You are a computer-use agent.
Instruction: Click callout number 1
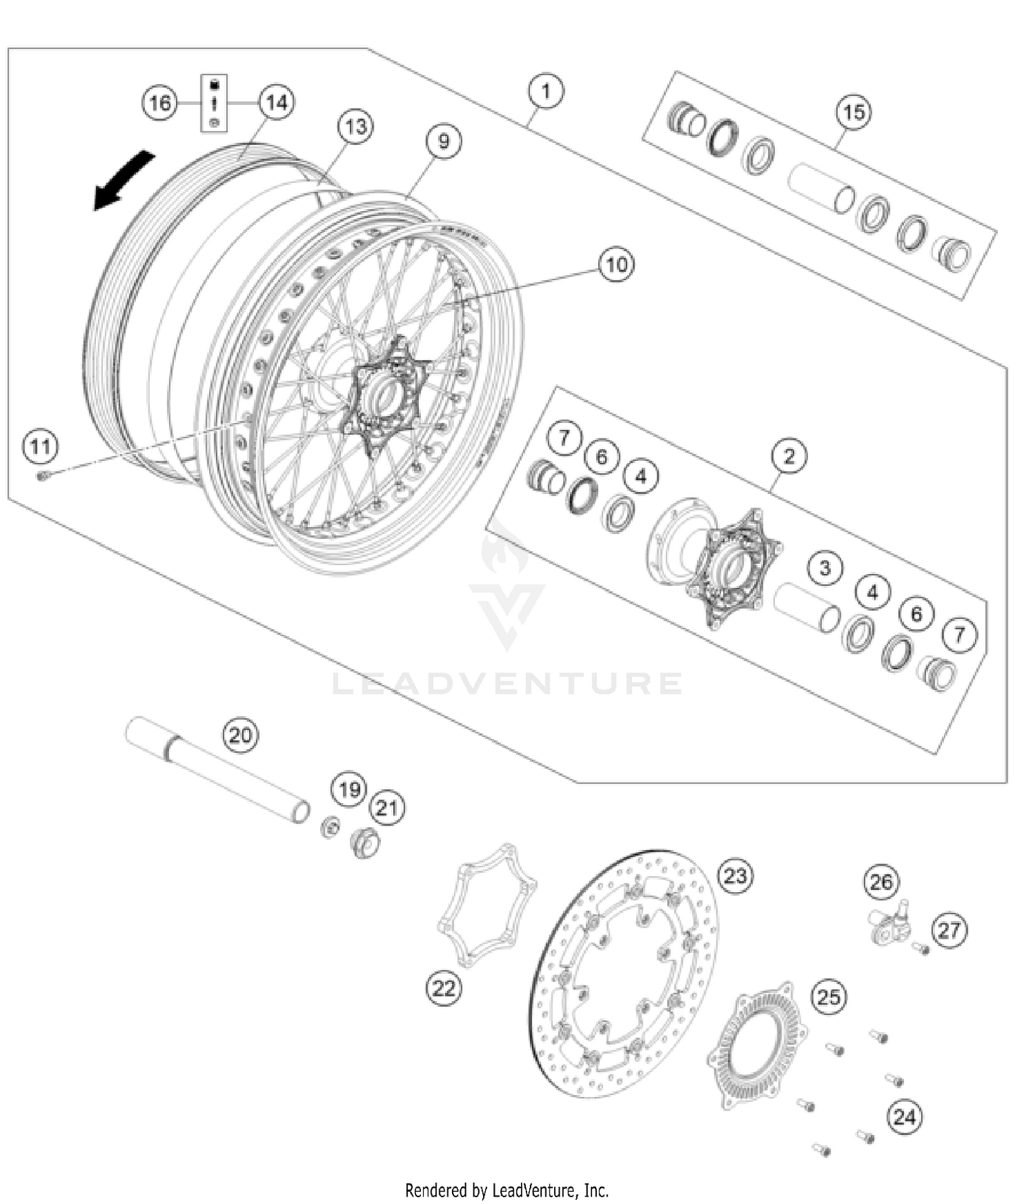coord(546,91)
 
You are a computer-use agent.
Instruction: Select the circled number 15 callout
coord(853,112)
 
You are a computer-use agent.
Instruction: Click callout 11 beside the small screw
coord(40,447)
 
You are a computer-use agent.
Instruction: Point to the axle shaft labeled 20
coord(217,770)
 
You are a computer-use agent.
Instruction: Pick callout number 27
coord(949,931)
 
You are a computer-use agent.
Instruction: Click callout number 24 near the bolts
coord(904,1117)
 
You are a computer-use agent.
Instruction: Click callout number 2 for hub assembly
coord(789,456)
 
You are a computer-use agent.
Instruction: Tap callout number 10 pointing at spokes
coord(616,265)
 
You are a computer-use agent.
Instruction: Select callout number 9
coord(443,141)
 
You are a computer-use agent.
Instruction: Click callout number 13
coord(355,127)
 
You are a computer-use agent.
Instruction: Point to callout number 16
coord(160,103)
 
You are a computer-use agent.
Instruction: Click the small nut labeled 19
coord(330,827)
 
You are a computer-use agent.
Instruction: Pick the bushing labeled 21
coord(365,843)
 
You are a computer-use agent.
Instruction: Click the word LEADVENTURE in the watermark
coord(507,684)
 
